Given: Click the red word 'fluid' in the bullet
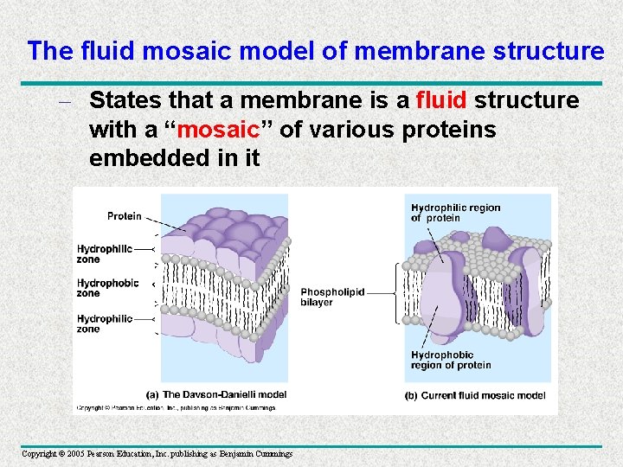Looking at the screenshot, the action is (441, 100).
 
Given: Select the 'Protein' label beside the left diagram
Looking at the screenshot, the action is (125, 216).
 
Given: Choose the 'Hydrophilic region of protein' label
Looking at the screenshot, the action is (455, 213).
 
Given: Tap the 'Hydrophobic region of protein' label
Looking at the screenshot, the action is (450, 360).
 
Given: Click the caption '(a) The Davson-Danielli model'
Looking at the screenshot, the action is (216, 394).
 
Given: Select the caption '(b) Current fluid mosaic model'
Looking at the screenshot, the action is (475, 395).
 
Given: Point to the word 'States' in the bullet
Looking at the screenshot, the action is (124, 100).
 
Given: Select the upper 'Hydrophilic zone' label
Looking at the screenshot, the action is (104, 253).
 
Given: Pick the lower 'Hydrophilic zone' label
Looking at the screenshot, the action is (104, 323).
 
